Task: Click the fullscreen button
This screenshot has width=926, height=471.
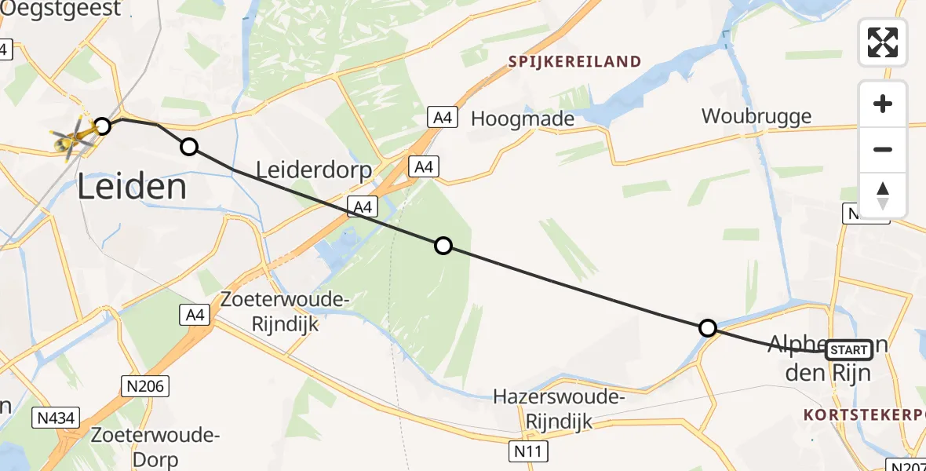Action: (883, 42)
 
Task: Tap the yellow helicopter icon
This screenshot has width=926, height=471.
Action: (73, 138)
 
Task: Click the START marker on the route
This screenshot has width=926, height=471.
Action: (848, 350)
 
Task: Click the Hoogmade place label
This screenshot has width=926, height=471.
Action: (522, 119)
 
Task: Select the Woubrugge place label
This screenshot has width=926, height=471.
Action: (756, 116)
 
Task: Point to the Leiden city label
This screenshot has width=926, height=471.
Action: (132, 187)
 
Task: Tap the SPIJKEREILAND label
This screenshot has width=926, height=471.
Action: (574, 61)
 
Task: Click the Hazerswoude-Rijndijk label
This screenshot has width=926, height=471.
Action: (558, 409)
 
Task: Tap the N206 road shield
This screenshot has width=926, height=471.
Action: (144, 385)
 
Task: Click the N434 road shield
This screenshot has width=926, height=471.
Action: (57, 418)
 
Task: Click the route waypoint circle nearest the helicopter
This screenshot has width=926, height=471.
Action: (103, 126)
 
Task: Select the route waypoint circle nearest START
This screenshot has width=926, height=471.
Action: (708, 328)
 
